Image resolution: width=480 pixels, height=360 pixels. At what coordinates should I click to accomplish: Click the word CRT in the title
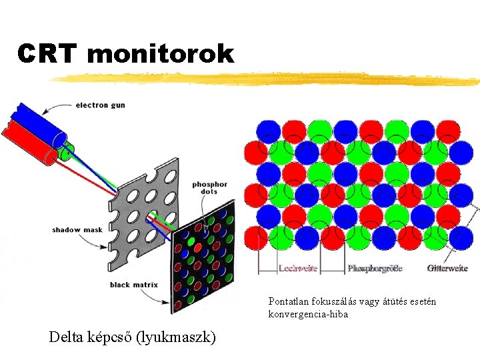pos(47,53)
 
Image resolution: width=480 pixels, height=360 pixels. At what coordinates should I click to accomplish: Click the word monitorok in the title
pos(160,53)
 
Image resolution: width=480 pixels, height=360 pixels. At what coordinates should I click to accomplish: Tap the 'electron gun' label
pos(100,105)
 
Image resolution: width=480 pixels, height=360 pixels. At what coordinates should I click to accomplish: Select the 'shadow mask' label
pos(77,230)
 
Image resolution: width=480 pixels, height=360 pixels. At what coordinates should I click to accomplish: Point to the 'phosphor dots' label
pos(209,188)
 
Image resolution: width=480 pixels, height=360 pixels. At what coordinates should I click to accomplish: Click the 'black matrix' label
pos(133,285)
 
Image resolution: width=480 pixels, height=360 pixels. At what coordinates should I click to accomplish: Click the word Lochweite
pos(297,269)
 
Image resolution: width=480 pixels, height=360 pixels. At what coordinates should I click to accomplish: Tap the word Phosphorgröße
pos(375,269)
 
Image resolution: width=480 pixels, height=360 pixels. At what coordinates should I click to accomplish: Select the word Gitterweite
pos(447,269)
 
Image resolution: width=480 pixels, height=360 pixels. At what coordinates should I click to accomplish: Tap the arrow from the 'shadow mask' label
pos(110,240)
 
